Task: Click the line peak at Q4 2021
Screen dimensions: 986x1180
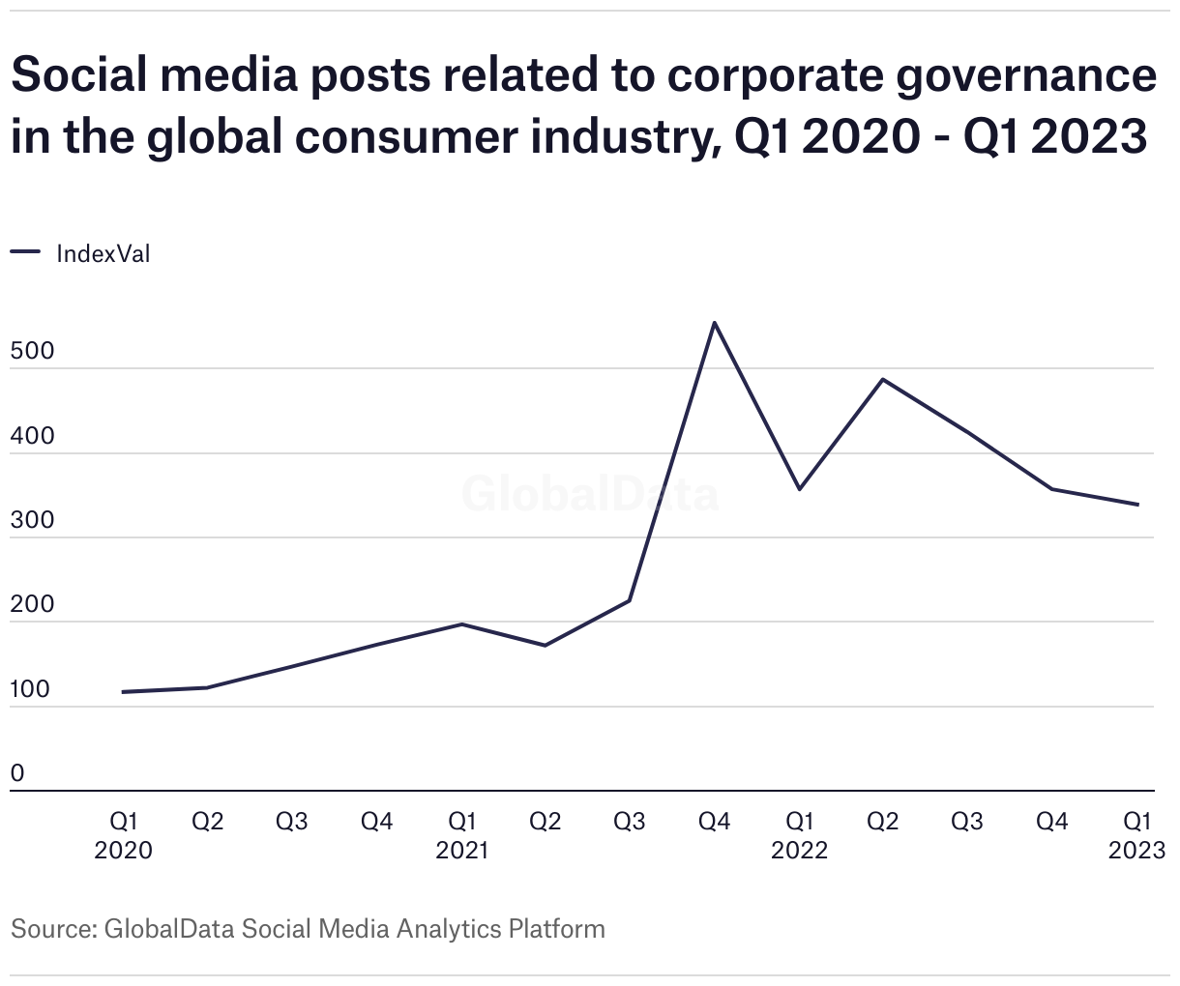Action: coord(714,322)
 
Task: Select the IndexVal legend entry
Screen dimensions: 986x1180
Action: coord(103,254)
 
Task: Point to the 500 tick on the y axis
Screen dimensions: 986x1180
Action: coord(32,352)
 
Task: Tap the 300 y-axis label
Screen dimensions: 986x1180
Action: coord(32,521)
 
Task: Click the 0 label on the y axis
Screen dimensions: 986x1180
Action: coord(17,774)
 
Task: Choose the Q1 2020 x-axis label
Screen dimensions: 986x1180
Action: coord(123,835)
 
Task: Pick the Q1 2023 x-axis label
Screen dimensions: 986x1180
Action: coord(1136,835)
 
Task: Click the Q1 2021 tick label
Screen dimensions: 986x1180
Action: coord(461,835)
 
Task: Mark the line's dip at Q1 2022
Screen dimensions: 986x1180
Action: coord(799,489)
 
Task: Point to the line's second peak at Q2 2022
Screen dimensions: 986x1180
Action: coord(883,379)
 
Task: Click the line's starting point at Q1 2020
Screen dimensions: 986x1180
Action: coord(123,692)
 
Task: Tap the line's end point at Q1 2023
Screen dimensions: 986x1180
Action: coord(1137,505)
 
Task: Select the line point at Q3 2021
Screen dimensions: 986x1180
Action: coord(630,601)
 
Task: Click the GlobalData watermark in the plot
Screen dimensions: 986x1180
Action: coord(590,494)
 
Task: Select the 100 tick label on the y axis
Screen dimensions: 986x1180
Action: coord(31,690)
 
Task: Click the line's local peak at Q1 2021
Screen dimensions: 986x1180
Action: coord(461,624)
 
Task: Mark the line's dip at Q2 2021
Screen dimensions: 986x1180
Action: coord(546,646)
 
